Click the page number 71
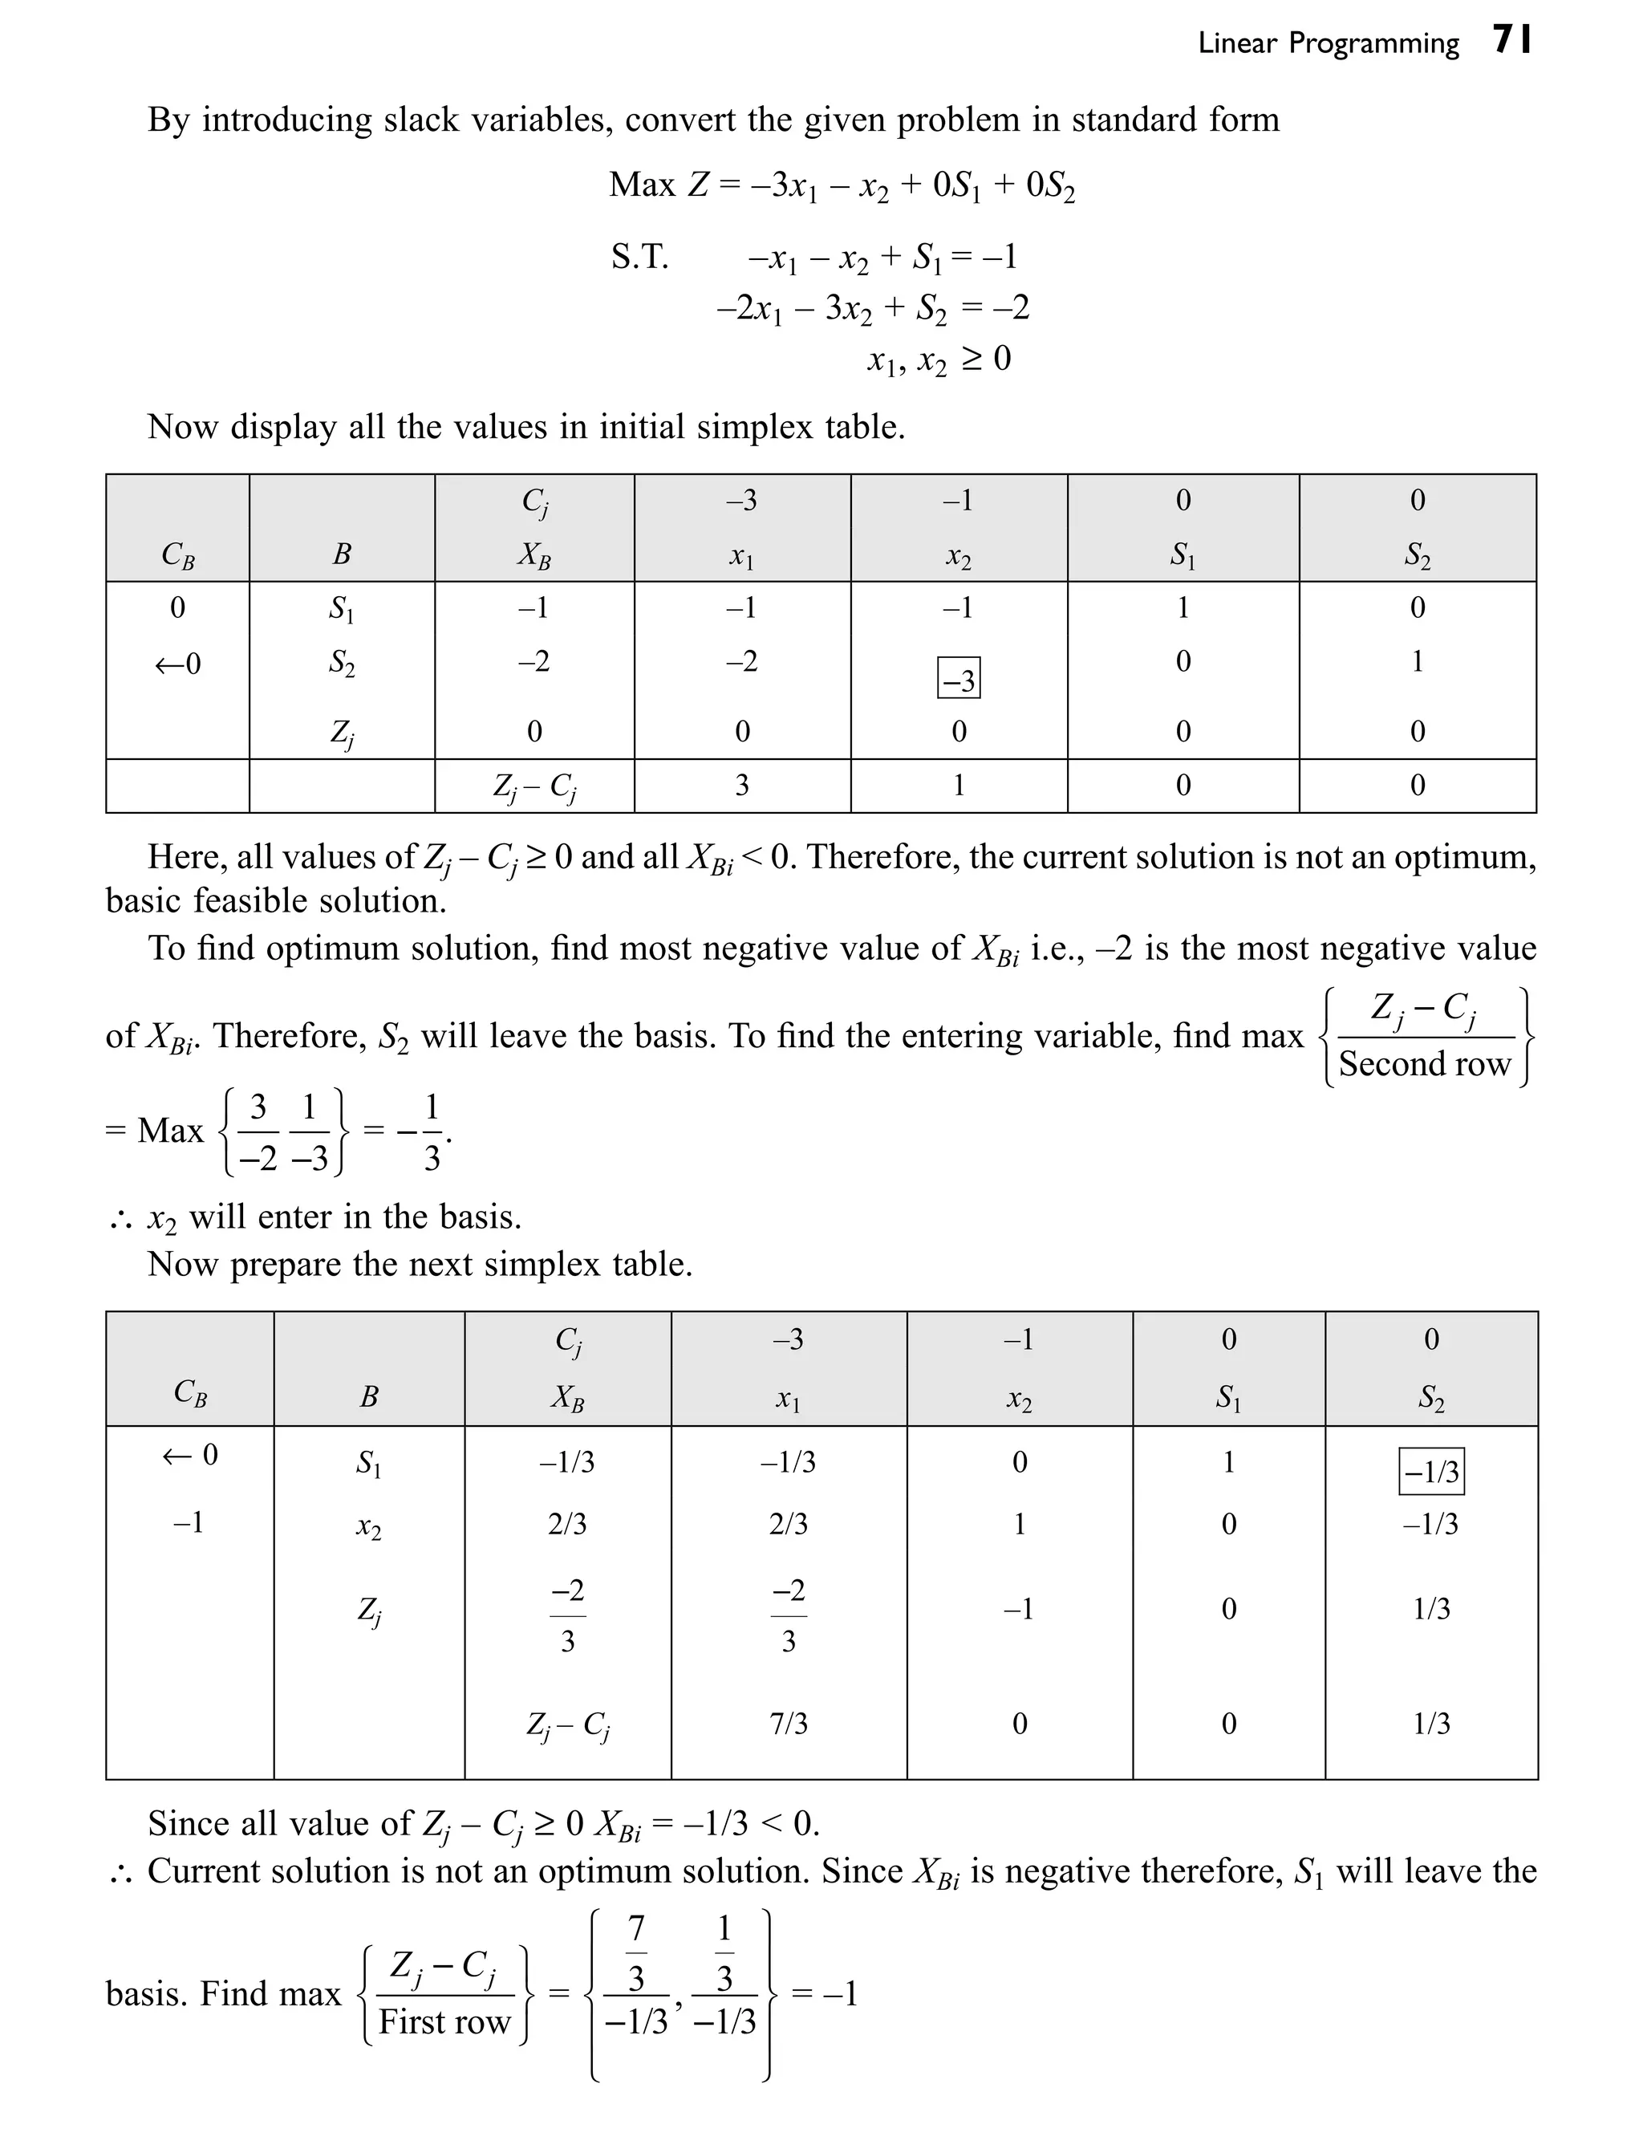[x=1512, y=41]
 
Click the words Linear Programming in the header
[x=1327, y=44]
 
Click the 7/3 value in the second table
[x=789, y=1724]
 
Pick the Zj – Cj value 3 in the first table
[x=742, y=786]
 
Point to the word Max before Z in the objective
[x=642, y=185]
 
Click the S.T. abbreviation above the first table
[x=639, y=258]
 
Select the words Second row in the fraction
[x=1424, y=1063]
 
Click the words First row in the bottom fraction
[x=445, y=2022]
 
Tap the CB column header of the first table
[x=177, y=555]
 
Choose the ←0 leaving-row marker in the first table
[x=177, y=664]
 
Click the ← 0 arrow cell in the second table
[x=189, y=1455]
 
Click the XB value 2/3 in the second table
[x=567, y=1524]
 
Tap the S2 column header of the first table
[x=1417, y=555]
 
